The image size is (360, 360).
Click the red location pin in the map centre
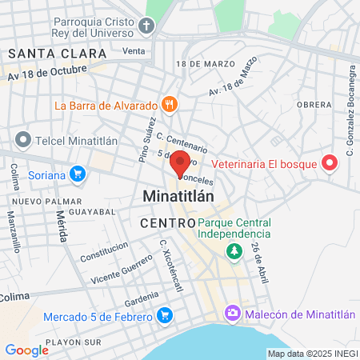pyautogui.click(x=180, y=162)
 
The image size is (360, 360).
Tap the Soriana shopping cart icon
pyautogui.click(x=78, y=172)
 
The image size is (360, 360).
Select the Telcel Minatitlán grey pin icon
pyautogui.click(x=22, y=139)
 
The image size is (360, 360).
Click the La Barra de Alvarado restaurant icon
pyautogui.click(x=169, y=104)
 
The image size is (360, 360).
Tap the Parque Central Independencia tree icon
pyautogui.click(x=234, y=253)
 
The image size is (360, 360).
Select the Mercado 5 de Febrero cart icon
pyautogui.click(x=165, y=316)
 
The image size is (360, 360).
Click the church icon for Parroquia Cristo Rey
pyautogui.click(x=146, y=26)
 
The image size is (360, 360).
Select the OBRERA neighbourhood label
pyautogui.click(x=314, y=105)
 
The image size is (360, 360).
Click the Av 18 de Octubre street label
pyautogui.click(x=46, y=73)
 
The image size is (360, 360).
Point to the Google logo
pyautogui.click(x=26, y=350)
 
